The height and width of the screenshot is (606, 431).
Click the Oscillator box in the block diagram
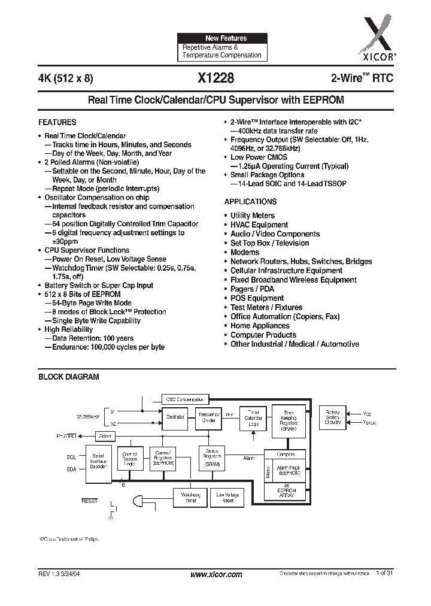[x=175, y=417]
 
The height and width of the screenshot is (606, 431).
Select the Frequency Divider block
[x=210, y=417]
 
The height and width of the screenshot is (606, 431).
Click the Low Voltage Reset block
[x=228, y=497]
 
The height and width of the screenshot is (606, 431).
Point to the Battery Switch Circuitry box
[x=332, y=417]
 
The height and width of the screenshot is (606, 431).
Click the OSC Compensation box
[x=185, y=399]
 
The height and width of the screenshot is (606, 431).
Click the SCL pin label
[x=71, y=457]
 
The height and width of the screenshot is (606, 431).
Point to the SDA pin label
[x=71, y=470]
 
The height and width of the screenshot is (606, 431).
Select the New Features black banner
[x=222, y=38]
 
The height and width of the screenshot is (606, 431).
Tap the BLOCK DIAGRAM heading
[x=69, y=377]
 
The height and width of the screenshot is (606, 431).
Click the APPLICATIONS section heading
[x=250, y=202]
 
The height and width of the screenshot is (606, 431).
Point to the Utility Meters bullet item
[x=253, y=216]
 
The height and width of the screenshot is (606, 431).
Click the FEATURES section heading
[x=57, y=122]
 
